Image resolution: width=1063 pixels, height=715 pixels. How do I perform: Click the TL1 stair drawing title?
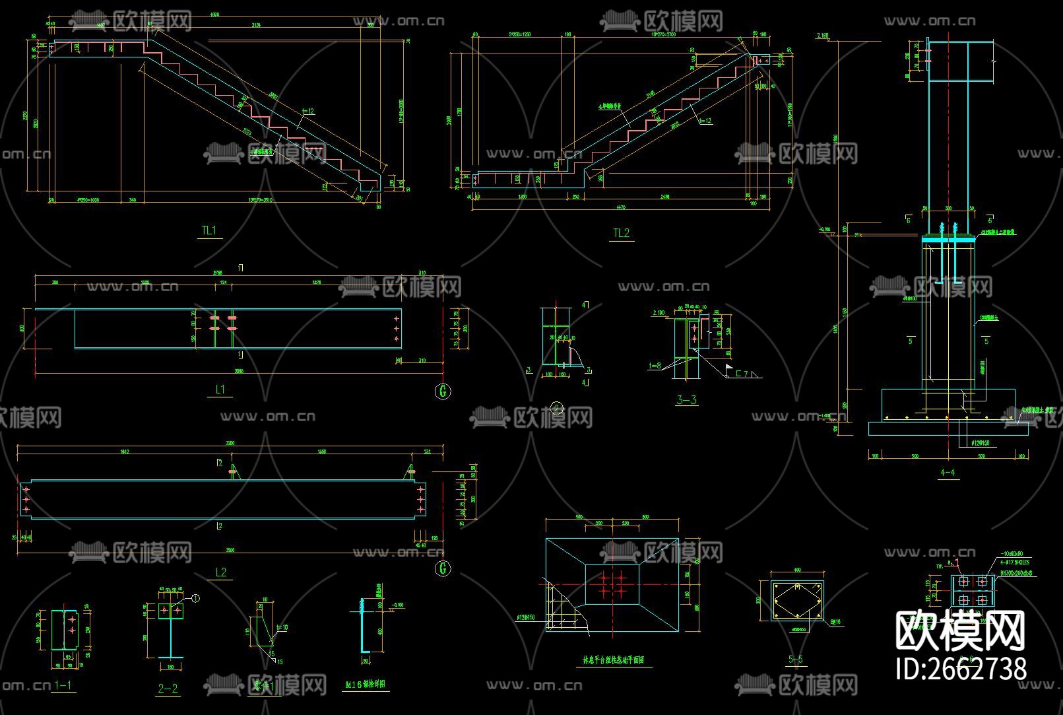click(209, 230)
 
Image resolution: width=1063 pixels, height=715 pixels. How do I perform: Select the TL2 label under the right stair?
click(621, 232)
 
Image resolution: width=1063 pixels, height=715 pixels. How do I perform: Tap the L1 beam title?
click(220, 390)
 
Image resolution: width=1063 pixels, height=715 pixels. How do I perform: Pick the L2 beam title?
click(220, 572)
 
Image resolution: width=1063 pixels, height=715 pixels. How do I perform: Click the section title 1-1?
click(63, 685)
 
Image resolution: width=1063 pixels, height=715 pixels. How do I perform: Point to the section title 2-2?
click(168, 689)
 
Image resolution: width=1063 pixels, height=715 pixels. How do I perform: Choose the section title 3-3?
click(686, 399)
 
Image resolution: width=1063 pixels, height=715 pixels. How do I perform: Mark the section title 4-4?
click(948, 472)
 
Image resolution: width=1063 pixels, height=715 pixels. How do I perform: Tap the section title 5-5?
click(796, 659)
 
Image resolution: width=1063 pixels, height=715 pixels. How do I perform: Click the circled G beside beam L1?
click(443, 392)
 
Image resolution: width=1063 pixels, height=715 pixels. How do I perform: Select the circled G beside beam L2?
click(443, 568)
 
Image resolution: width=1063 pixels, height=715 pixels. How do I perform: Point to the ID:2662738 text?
click(961, 668)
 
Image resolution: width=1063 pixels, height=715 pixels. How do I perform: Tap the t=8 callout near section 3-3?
click(655, 365)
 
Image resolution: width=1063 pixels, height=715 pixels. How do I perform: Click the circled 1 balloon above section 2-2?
click(195, 598)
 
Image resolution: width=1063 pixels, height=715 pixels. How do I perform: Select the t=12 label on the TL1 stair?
click(307, 112)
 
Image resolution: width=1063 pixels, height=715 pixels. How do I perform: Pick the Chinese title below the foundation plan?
click(613, 659)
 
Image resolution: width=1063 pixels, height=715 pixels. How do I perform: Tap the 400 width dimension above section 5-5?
click(796, 570)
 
